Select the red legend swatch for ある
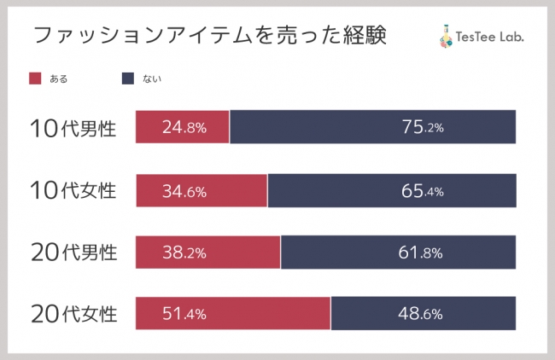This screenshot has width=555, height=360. coord(35,78)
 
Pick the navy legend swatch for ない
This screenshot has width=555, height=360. coord(128,78)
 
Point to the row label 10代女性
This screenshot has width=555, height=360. coord(73,190)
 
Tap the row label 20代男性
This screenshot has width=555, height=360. coord(73,253)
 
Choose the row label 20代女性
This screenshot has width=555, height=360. coord(73,314)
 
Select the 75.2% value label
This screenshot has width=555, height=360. coord(422,128)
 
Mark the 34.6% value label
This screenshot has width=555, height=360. coord(184,191)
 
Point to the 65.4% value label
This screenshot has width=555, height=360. coord(422,191)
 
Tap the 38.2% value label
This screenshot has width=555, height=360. coord(184,253)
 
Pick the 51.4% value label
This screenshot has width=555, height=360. coord(184,314)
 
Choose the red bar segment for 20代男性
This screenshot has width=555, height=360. coord(248,253)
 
